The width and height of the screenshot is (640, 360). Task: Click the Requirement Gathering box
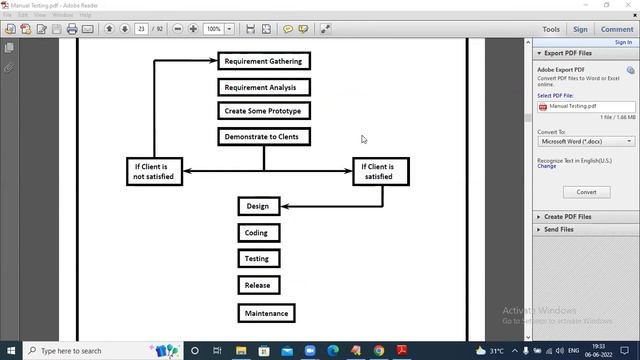click(264, 61)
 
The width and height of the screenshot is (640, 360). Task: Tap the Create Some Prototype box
click(264, 111)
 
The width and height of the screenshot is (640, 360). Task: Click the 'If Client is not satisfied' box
click(154, 171)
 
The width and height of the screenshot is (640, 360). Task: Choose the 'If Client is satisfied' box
click(380, 171)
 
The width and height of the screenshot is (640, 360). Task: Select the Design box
click(258, 206)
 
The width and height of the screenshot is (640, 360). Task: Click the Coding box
click(257, 233)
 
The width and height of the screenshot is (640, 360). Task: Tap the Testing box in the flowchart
click(257, 258)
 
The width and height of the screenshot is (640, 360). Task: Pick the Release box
click(257, 285)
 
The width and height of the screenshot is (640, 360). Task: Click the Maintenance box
click(267, 313)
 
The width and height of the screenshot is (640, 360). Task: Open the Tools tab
click(551, 30)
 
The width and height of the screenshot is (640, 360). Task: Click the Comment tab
click(617, 30)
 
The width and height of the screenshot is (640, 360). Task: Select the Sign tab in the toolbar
click(581, 30)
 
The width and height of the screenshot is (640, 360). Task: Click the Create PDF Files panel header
click(567, 216)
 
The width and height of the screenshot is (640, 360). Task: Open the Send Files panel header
click(558, 229)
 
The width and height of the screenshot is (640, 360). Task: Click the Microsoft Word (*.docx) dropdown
click(586, 142)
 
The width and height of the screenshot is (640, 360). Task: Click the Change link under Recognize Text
click(546, 166)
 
